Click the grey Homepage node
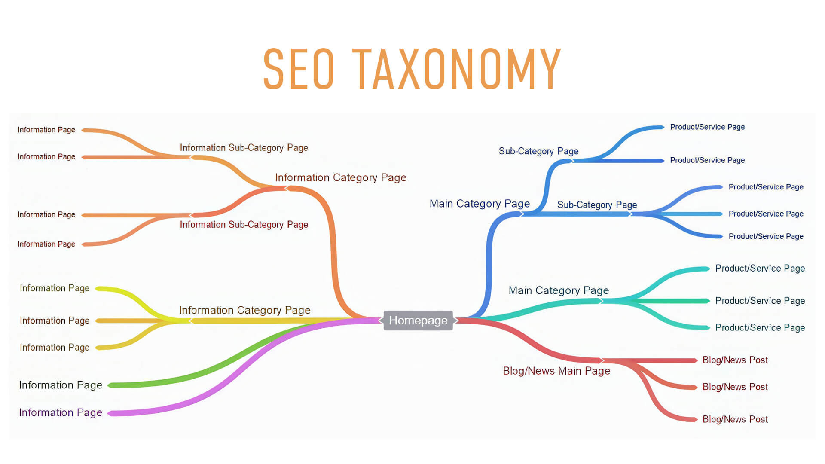(x=418, y=321)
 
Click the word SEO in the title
(x=299, y=69)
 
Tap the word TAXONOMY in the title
(x=457, y=69)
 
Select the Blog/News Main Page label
(x=556, y=371)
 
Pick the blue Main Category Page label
(x=480, y=204)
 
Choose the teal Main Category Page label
(x=559, y=290)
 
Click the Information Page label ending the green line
(x=61, y=385)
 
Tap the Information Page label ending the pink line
(x=61, y=412)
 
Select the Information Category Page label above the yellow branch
(x=244, y=310)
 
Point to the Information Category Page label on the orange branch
(x=341, y=177)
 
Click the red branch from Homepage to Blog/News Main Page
(x=531, y=344)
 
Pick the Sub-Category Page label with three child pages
(x=597, y=205)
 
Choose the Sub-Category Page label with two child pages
(x=538, y=151)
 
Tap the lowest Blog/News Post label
(x=735, y=419)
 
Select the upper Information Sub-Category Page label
(x=244, y=148)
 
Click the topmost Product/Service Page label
(x=707, y=127)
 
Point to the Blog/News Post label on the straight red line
(x=735, y=360)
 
